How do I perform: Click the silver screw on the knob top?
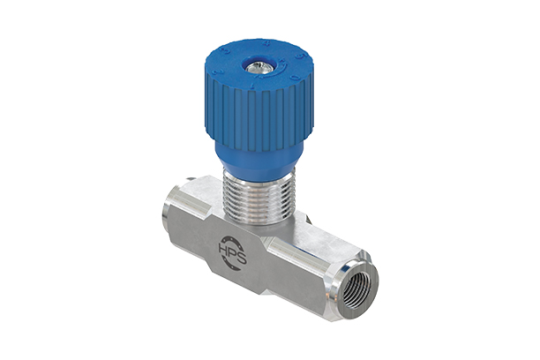click(259, 68)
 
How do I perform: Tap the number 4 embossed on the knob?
click(266, 44)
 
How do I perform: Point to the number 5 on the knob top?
click(300, 56)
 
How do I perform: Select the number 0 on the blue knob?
click(295, 78)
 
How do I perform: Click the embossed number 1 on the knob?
click(252, 86)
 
